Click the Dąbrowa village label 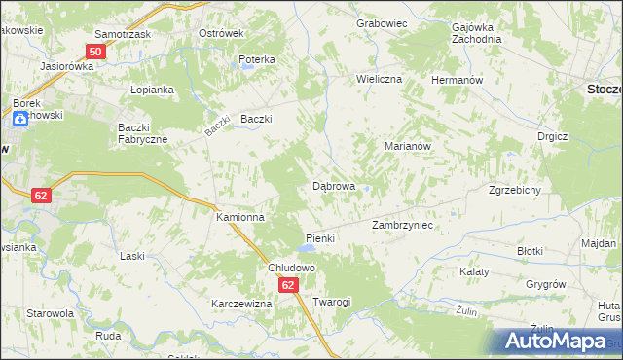[333, 185]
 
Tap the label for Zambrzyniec [402, 225]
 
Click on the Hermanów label [458, 79]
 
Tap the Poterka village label [257, 59]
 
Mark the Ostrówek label [220, 33]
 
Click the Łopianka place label [152, 90]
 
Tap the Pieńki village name [320, 238]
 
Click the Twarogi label [332, 303]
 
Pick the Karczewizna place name [241, 304]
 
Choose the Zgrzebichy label [515, 191]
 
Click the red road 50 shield [95, 52]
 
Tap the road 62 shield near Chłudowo [288, 285]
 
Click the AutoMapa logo [556, 342]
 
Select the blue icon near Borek [19, 120]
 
